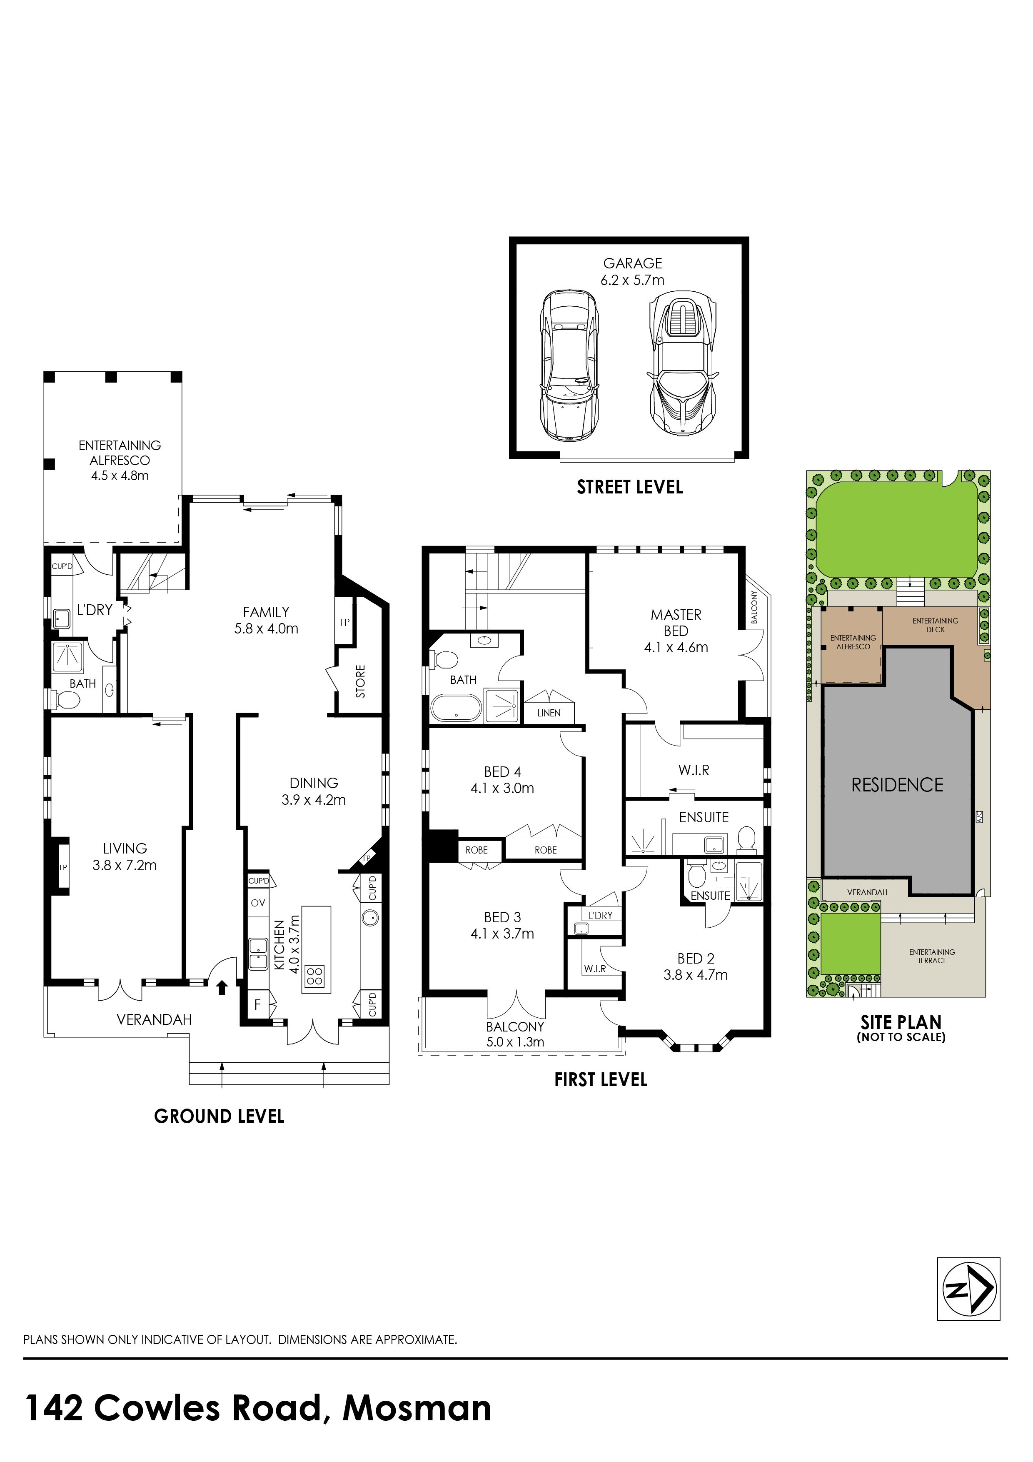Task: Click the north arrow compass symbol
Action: click(969, 1289)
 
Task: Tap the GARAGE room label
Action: click(633, 263)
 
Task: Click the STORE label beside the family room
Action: click(361, 681)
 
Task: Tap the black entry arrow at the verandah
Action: click(222, 987)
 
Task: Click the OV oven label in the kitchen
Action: click(258, 903)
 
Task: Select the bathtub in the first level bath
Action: click(457, 707)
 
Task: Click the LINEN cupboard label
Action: click(549, 713)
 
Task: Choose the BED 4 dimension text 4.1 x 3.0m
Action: click(502, 789)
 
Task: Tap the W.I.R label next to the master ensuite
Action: click(694, 770)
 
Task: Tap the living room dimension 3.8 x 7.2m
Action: click(125, 865)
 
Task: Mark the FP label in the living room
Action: click(64, 868)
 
